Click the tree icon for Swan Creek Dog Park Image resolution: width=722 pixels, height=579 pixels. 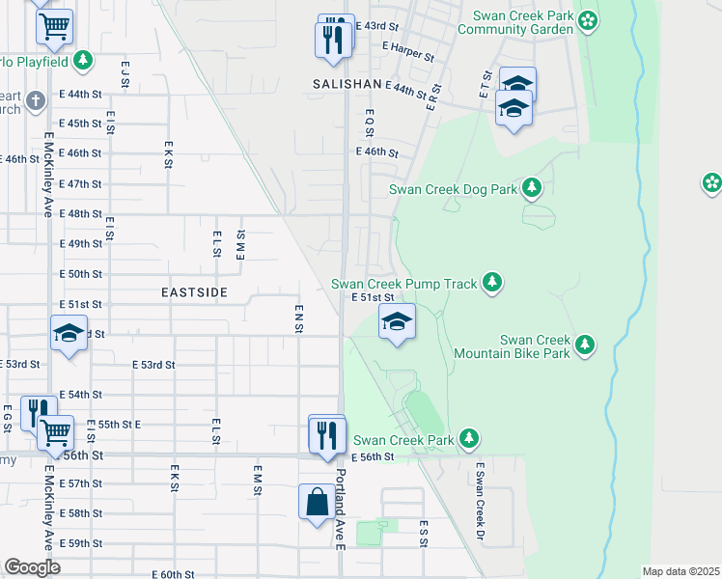coord(531,187)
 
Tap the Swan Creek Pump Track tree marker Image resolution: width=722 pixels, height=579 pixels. coord(492,282)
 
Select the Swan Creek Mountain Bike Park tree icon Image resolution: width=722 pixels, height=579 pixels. coord(584,345)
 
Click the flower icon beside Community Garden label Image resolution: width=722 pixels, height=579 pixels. coord(587,18)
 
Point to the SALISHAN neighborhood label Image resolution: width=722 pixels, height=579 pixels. coord(347,85)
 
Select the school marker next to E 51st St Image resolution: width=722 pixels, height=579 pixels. coord(396,322)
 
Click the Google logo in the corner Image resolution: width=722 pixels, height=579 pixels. coord(32,566)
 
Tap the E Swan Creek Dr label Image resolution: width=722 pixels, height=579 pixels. coord(478,501)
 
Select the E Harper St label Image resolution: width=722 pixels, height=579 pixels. coord(407,50)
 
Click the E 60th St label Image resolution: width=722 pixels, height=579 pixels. coord(173,574)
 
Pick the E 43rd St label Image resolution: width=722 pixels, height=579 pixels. coord(376,25)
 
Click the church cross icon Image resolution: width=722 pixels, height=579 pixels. coord(35,100)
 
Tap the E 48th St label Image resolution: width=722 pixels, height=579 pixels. coord(80,213)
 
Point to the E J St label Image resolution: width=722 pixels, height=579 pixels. coord(125,75)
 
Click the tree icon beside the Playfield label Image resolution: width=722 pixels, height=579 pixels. coord(83,60)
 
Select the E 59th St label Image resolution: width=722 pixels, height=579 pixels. coord(80,543)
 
